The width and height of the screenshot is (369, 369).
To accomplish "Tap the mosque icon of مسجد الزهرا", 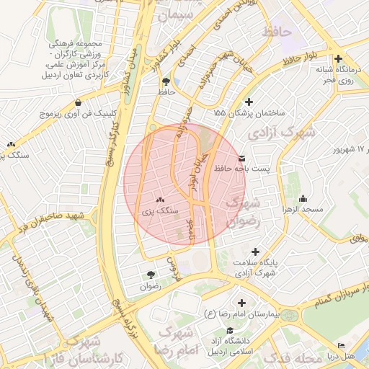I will [x=303, y=198].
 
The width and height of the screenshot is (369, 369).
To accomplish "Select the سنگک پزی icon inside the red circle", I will [x=159, y=200].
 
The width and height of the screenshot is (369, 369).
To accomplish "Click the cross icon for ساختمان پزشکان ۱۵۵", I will [x=249, y=102].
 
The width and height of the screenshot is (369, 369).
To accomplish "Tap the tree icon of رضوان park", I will [x=151, y=274].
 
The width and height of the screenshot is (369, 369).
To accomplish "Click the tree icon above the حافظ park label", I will [x=166, y=81].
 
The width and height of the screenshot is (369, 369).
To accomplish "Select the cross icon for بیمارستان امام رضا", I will [x=241, y=303].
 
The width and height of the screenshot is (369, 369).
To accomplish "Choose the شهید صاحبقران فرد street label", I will [x=43, y=223].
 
